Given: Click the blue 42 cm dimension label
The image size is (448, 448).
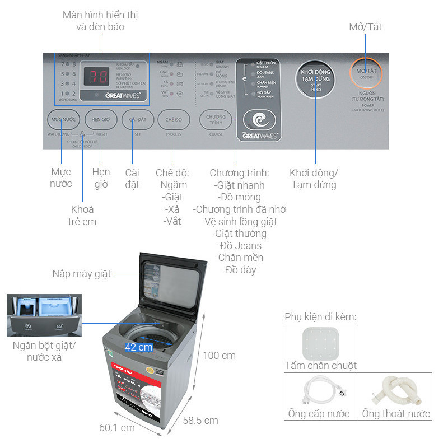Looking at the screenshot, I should tap(139, 347).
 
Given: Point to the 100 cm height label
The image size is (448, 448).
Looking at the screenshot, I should tap(219, 356).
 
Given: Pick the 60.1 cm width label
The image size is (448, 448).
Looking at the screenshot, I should tap(117, 428).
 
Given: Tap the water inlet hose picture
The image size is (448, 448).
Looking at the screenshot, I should tap(320, 391).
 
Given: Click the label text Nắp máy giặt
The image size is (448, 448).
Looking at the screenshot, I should tap(82, 274).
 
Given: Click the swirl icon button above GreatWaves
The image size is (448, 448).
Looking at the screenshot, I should tap(259, 119).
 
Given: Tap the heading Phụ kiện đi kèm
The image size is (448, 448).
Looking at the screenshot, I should tap(320, 317).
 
